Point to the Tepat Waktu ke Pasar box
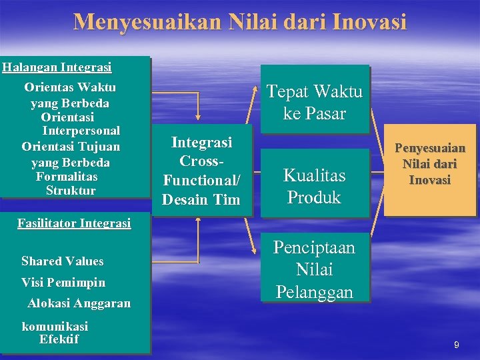[314, 102]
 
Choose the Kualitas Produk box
[314, 186]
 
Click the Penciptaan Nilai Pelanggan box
[314, 270]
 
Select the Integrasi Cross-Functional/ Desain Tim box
[201, 171]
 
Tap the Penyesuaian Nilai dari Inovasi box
[430, 164]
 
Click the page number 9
[456, 345]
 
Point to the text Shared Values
[62, 261]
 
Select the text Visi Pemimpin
[62, 282]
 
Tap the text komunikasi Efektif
[56, 333]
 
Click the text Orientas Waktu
[70, 87]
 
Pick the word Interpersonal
[81, 131]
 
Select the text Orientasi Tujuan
[71, 146]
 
